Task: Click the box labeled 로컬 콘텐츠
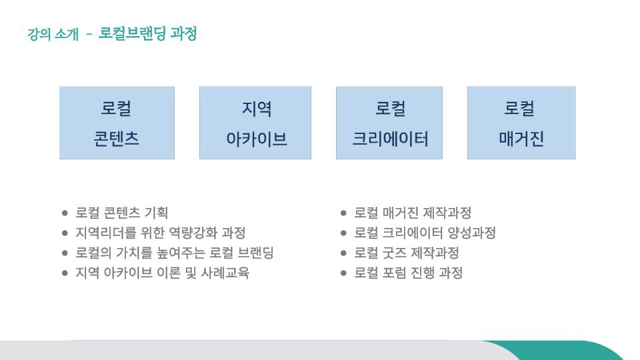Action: click(x=117, y=123)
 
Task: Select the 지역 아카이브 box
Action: click(x=255, y=123)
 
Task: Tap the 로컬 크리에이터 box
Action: click(x=389, y=123)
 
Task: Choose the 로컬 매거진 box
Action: click(x=521, y=123)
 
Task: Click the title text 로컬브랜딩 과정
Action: click(x=148, y=33)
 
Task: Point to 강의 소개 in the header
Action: click(x=53, y=34)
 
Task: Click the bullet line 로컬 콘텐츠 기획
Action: click(x=121, y=213)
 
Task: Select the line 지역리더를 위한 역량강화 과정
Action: click(x=161, y=233)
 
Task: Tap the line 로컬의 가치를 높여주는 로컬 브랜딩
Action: click(x=174, y=253)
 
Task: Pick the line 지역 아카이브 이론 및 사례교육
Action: click(x=163, y=273)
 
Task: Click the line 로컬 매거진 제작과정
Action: click(x=413, y=213)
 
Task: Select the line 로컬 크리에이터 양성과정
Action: click(x=425, y=233)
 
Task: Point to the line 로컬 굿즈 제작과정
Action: click(x=407, y=253)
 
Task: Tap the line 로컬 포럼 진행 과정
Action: click(x=408, y=273)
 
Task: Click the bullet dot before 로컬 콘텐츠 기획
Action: click(x=65, y=213)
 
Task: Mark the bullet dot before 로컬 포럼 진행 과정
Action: click(x=343, y=273)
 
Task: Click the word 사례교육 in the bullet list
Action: click(x=225, y=273)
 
